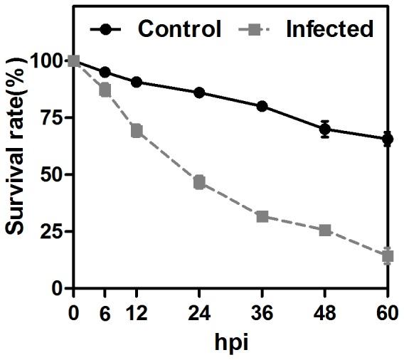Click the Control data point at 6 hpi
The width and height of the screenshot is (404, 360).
pos(105,72)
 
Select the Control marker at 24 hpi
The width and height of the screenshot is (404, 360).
pos(199,92)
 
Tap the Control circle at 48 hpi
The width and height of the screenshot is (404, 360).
pos(325,129)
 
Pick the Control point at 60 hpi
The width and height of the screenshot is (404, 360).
pos(388,139)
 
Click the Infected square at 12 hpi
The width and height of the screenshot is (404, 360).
pos(137,131)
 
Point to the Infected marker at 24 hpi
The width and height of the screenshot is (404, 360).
pos(199,182)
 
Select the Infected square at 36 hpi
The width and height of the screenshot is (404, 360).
pos(262,216)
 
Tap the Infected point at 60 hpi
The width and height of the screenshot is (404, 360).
pos(388,256)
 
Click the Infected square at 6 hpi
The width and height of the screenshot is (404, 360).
pos(105,90)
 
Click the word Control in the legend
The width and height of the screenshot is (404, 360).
pos(179,29)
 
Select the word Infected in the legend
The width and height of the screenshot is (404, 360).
pos(329,29)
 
